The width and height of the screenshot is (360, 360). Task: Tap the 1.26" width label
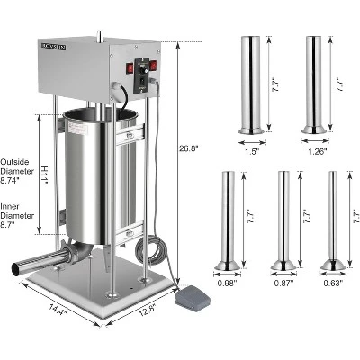[314, 151]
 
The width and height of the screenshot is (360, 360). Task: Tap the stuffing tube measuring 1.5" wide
[250, 85]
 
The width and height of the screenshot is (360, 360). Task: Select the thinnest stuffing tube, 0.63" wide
[334, 220]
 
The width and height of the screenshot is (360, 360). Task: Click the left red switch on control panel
[129, 66]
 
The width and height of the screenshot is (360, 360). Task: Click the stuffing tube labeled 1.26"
[314, 85]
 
